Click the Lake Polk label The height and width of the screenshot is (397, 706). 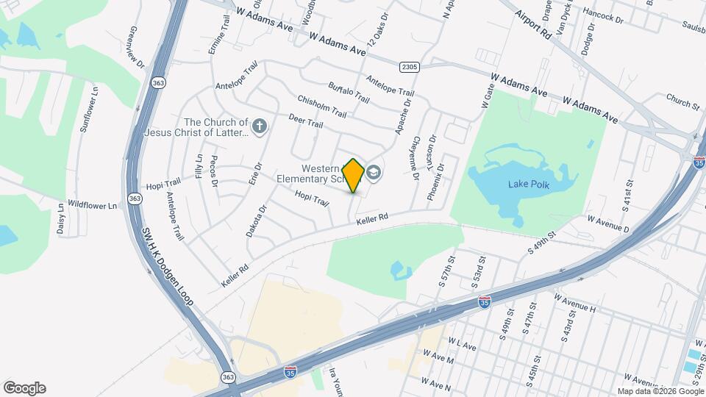point(529,184)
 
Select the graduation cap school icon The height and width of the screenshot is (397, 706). point(374,173)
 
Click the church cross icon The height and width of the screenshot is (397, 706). point(258,127)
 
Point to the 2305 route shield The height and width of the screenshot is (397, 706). point(410,67)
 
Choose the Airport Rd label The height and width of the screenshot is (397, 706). point(533,24)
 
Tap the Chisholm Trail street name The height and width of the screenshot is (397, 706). point(322,107)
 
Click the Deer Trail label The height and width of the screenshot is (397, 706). point(305,121)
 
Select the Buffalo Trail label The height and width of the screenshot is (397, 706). point(349,92)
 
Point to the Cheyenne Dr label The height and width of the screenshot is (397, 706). point(415,158)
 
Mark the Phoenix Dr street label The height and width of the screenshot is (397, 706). point(436,179)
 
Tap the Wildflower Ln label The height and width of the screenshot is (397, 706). point(93,205)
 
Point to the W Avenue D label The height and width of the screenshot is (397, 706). point(608,223)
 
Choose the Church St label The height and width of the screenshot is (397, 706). point(683,101)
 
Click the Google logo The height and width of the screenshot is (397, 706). point(24,388)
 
